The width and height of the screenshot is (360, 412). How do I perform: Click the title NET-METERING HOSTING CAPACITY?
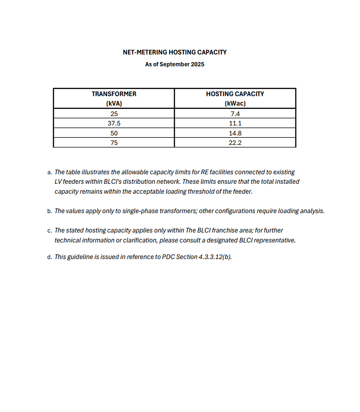174,52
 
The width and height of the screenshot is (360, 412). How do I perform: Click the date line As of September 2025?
174,64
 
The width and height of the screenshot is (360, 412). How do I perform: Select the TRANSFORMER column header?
114,94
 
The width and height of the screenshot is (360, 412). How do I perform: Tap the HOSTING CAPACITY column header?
235,94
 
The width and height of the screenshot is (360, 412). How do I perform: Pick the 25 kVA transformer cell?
114,114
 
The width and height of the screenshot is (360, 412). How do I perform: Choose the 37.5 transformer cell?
114,123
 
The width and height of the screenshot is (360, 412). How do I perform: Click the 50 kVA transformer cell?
114,133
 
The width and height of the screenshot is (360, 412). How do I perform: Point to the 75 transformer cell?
114,143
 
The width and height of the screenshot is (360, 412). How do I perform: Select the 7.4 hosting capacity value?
235,114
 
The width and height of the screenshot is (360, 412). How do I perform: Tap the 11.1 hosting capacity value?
235,123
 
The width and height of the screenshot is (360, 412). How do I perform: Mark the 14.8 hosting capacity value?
235,133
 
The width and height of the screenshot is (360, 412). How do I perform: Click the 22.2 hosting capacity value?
235,143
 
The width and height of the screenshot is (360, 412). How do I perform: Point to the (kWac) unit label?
235,104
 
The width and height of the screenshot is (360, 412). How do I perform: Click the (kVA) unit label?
114,104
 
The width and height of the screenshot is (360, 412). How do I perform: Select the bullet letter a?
49,173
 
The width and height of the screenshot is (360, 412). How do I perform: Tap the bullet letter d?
49,258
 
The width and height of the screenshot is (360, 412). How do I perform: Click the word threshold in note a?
193,192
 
